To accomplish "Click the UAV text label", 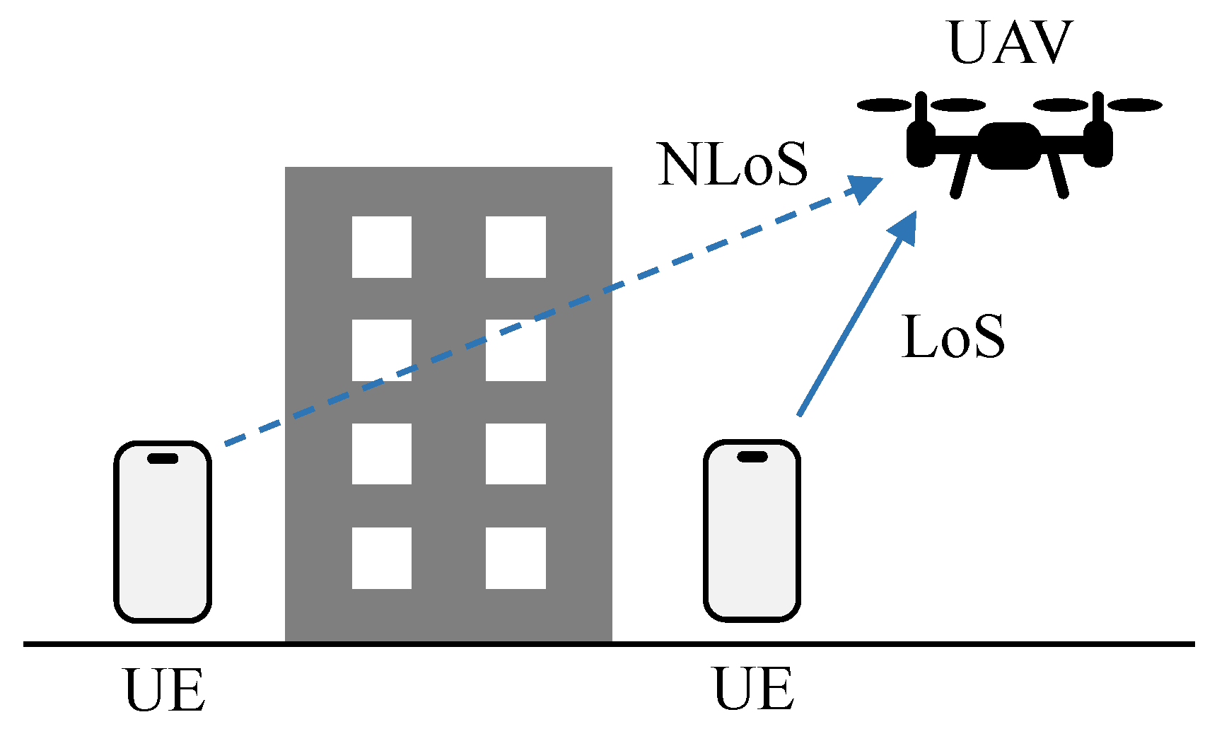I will (x=1010, y=43).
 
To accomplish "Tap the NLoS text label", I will (x=732, y=165).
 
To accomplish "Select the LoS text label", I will (x=953, y=337).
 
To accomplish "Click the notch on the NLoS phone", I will (x=163, y=458).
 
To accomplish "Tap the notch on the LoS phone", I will (x=752, y=457).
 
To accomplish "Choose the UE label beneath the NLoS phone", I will (x=165, y=690).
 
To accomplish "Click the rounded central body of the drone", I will (x=1009, y=146).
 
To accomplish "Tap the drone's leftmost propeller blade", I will (x=884, y=105).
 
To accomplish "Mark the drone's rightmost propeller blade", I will (x=1134, y=105).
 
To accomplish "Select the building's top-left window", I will (x=382, y=247).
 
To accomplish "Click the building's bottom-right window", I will (x=516, y=558).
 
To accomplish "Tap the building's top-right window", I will (x=516, y=247).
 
